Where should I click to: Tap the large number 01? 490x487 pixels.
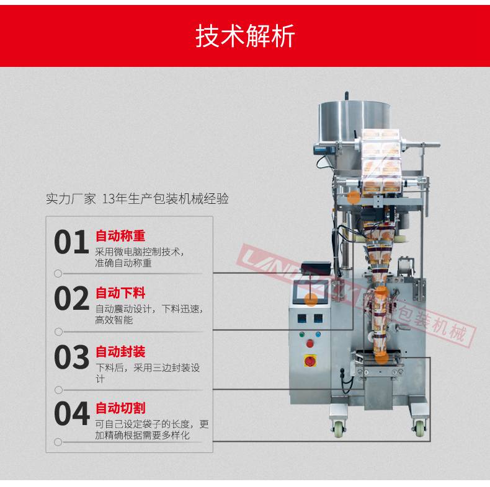[x=71, y=242]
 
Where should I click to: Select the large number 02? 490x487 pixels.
[x=71, y=299]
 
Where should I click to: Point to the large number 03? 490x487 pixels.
[x=71, y=357]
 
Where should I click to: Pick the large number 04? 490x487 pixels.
[x=71, y=413]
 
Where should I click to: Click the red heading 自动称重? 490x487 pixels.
[x=120, y=236]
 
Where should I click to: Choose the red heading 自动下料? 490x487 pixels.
[x=120, y=292]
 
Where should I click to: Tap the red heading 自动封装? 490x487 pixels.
[x=120, y=352]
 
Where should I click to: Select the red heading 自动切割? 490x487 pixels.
[x=120, y=408]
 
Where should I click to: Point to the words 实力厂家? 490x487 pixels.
[x=71, y=199]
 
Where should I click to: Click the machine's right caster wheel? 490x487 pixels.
[x=419, y=427]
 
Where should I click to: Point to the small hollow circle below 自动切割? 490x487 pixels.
[x=58, y=442]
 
